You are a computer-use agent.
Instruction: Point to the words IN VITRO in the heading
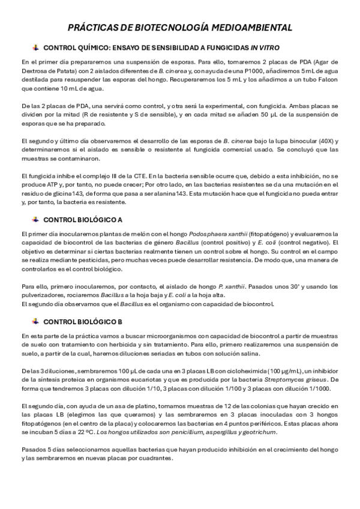coord(265,47)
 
